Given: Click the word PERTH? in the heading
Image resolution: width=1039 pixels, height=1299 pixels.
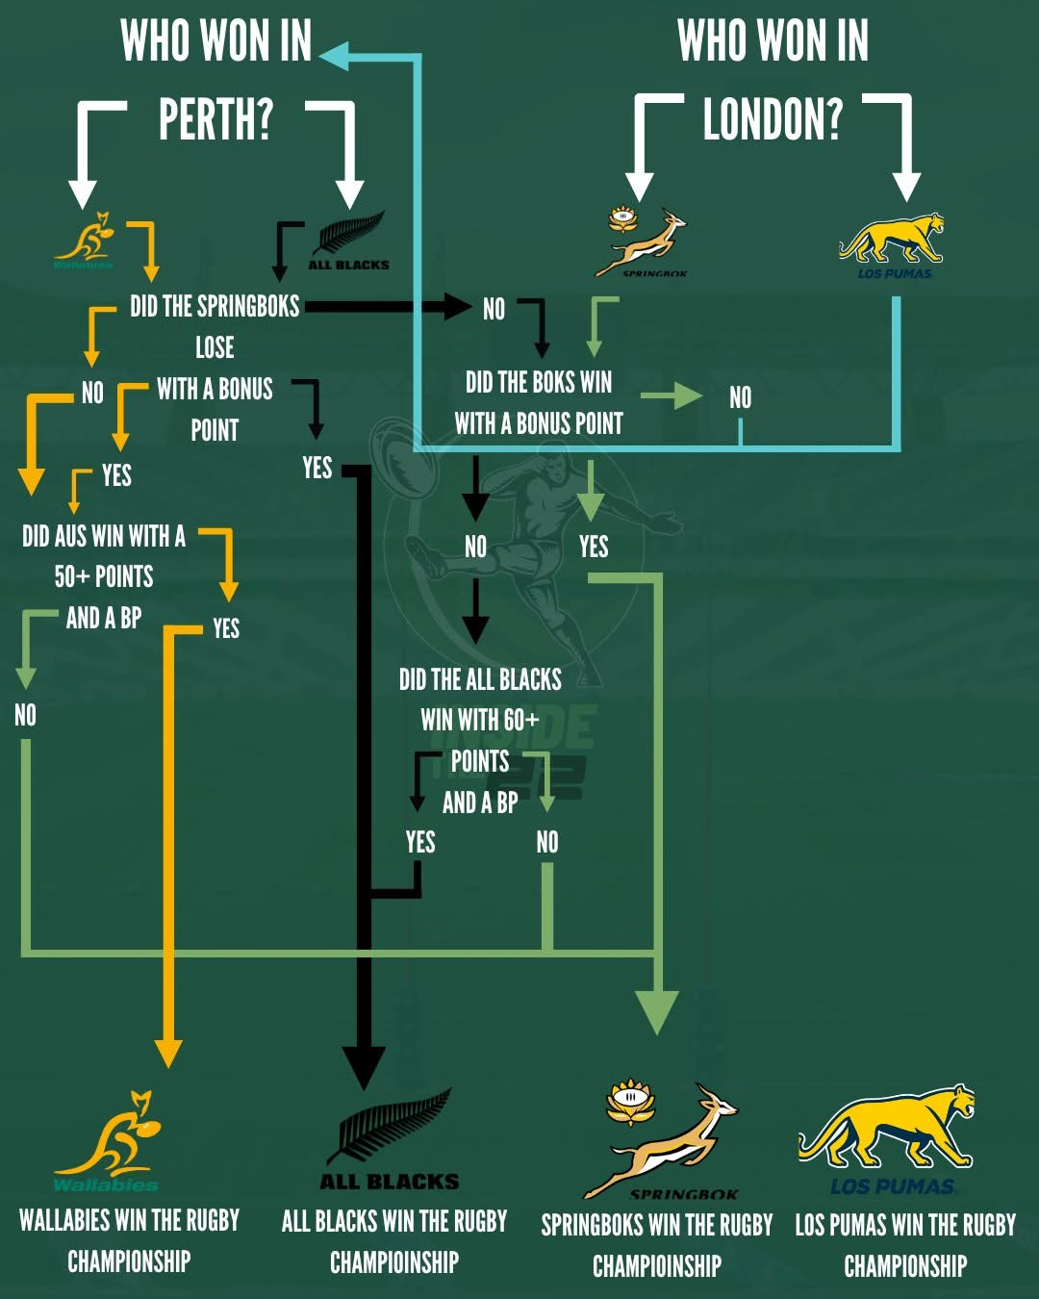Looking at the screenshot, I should tap(215, 119).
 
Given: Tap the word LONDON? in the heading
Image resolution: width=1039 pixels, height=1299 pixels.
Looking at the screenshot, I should tap(773, 119).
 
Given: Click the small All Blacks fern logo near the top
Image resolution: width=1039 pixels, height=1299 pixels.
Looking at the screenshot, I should tap(349, 241).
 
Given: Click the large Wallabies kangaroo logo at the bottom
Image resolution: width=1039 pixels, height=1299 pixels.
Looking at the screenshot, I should tap(108, 1141).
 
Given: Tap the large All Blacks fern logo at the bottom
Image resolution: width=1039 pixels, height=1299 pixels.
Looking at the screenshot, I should tap(391, 1139).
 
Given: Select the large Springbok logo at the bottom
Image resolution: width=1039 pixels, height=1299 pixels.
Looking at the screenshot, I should tap(664, 1140).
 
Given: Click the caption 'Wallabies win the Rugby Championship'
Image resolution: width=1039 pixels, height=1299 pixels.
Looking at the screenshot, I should tap(129, 1240).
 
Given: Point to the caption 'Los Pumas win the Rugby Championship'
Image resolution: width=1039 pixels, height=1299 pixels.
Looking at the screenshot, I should tap(905, 1244).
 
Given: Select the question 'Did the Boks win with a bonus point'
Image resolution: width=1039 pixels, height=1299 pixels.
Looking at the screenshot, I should tap(539, 402).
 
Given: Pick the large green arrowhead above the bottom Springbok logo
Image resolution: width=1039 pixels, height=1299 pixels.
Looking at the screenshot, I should tap(657, 1009).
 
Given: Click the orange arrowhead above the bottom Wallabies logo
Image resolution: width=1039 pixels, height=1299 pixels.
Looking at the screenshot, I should tap(168, 1052).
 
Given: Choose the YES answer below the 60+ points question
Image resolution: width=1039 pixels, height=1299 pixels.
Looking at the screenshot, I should tap(420, 842).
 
